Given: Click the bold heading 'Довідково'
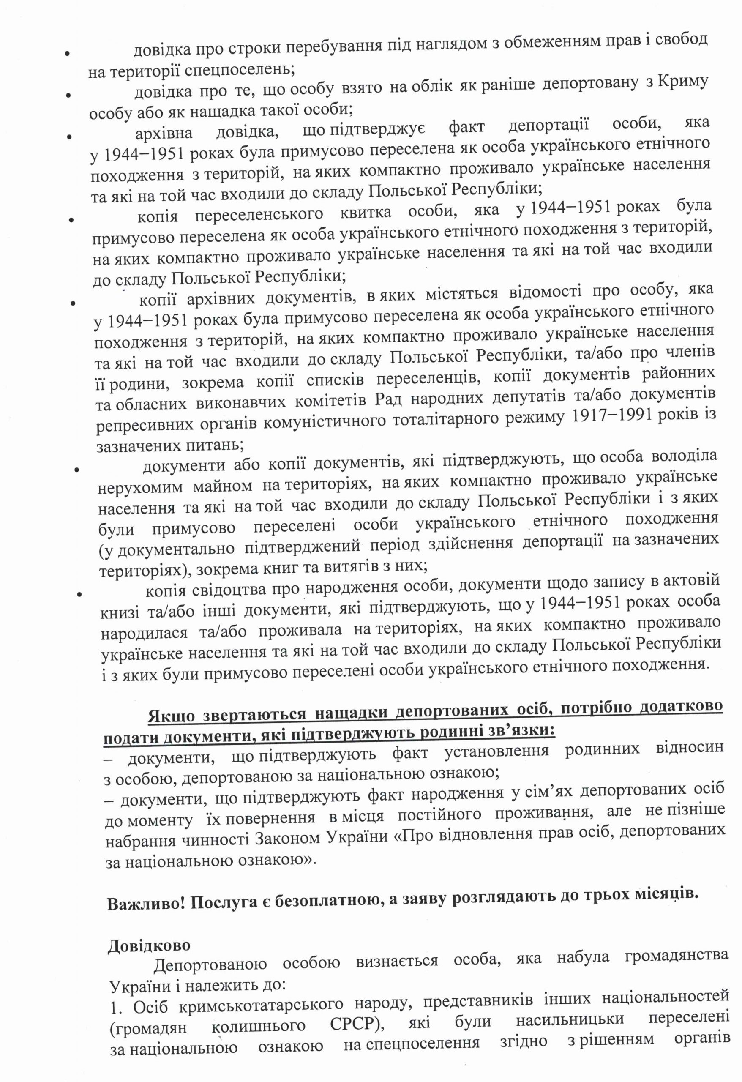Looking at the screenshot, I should point(149,945).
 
